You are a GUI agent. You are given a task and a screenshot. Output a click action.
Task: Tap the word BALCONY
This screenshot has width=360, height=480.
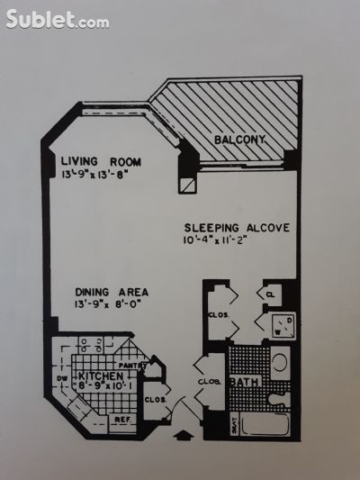click(x=238, y=140)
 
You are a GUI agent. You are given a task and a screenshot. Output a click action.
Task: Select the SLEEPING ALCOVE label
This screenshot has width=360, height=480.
click(x=237, y=228)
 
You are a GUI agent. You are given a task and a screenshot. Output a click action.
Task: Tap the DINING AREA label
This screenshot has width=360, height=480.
click(x=112, y=292)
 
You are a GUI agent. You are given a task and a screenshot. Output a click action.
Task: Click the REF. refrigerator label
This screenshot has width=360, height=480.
click(x=121, y=420)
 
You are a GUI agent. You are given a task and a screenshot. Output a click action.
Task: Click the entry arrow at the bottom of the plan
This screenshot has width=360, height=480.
click(x=184, y=438)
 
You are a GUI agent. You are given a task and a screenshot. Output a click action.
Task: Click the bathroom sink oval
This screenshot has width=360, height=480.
click(x=279, y=364)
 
